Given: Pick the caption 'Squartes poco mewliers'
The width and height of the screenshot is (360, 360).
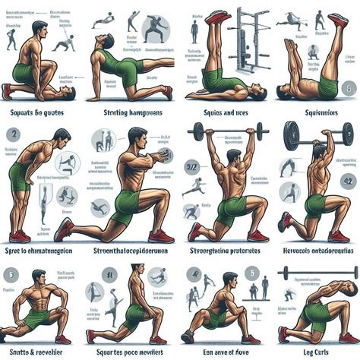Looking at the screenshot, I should (130, 352).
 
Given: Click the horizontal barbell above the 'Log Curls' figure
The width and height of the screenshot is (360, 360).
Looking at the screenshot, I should (319, 271).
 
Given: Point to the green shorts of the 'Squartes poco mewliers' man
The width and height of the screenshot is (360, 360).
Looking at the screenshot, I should (135, 314).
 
